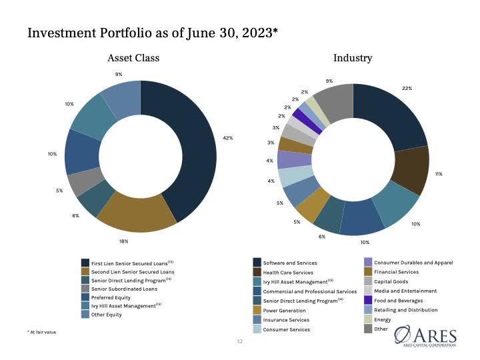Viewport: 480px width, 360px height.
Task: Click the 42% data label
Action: (x=227, y=138)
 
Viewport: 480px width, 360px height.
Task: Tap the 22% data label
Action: (x=407, y=88)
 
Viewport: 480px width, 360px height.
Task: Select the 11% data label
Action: (x=439, y=174)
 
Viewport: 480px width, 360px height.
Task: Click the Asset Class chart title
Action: (x=133, y=58)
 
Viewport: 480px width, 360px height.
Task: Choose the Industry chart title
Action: (x=353, y=58)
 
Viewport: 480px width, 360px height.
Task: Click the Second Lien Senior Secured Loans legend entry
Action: (x=132, y=271)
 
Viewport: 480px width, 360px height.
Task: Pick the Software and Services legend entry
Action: (x=290, y=263)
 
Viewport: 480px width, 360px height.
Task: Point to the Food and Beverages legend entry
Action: (x=398, y=301)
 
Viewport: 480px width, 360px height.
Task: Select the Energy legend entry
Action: (x=383, y=319)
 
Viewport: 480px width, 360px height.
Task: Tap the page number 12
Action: (x=240, y=342)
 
